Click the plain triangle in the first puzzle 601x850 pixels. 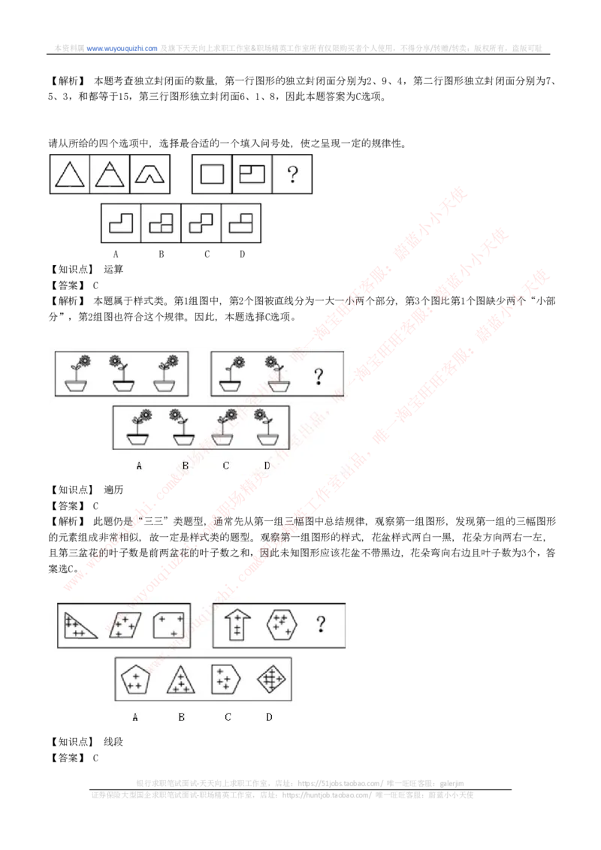pyautogui.click(x=69, y=174)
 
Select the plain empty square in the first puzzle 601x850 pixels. pyautogui.click(x=213, y=174)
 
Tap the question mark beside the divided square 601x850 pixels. pyautogui.click(x=293, y=174)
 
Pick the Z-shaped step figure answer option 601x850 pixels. pyautogui.click(x=201, y=224)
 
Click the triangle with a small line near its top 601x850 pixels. pyautogui.click(x=110, y=174)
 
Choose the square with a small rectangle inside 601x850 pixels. pyautogui.click(x=252, y=174)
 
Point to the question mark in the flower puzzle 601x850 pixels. pyautogui.click(x=319, y=375)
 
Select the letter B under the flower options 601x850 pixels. pyautogui.click(x=185, y=466)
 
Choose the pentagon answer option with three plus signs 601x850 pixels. pyautogui.click(x=135, y=680)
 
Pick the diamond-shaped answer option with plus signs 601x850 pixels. pyautogui.click(x=270, y=680)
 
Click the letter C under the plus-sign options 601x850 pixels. pyautogui.click(x=228, y=717)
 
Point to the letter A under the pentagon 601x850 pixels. pyautogui.click(x=135, y=717)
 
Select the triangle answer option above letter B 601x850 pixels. pyautogui.click(x=180, y=680)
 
